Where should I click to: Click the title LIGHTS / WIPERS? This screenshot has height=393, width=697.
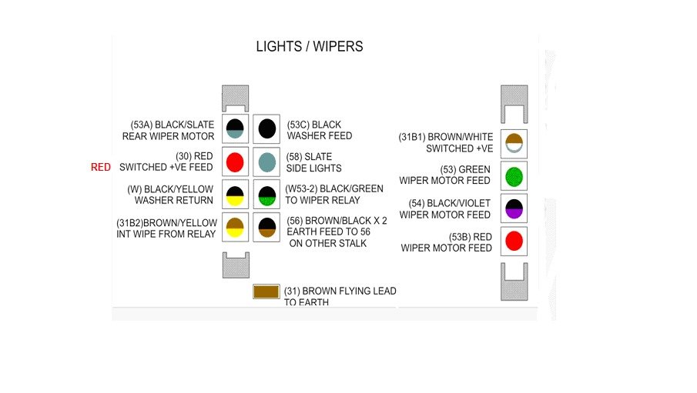coord(309,47)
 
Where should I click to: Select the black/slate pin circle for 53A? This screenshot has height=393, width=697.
coord(236,128)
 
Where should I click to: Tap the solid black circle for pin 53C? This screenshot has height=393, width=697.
coord(266,128)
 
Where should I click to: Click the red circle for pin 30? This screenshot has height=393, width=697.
coord(236,162)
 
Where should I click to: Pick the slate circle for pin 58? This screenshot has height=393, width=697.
coord(266,162)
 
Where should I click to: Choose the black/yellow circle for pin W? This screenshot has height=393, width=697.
coord(236,194)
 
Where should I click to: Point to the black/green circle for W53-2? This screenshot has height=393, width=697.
coord(266,194)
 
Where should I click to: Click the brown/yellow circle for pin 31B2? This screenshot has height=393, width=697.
coord(236,227)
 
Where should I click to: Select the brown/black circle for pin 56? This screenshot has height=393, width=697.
coord(266,227)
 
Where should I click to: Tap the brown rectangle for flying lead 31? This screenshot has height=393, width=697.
coord(266,291)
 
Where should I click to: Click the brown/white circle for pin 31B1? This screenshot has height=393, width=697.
coord(513,143)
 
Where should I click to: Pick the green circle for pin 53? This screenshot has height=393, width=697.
coord(513,176)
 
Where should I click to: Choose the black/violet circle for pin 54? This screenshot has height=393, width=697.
coord(513,208)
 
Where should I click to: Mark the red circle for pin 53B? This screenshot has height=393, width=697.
coord(513,241)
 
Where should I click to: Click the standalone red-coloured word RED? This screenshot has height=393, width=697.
coord(100,167)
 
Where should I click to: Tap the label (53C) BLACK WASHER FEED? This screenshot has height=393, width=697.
coord(319,130)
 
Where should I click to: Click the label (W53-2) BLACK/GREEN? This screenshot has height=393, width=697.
coord(333,189)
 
